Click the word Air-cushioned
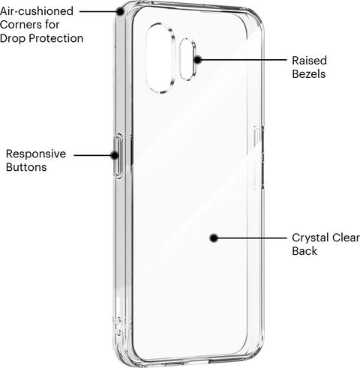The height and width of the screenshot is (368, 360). pyautogui.click(x=37, y=11)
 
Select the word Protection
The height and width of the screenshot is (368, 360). pyautogui.click(x=55, y=38)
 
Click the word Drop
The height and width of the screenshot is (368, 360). pyautogui.click(x=13, y=39)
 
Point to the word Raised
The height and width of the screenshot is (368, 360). pyautogui.click(x=309, y=61)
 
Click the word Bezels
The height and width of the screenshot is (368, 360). pyautogui.click(x=309, y=74)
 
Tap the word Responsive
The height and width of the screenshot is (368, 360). pyautogui.click(x=36, y=154)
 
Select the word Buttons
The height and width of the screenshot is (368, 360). pyautogui.click(x=26, y=167)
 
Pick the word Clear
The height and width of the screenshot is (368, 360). pyautogui.click(x=346, y=238)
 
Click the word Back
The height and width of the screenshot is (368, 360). pyautogui.click(x=304, y=251)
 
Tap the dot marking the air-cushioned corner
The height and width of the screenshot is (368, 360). pyautogui.click(x=121, y=11)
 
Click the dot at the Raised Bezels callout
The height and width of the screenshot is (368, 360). pyautogui.click(x=198, y=60)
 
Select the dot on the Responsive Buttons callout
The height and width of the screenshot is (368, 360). pyautogui.click(x=115, y=155)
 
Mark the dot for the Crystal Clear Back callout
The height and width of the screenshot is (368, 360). pyautogui.click(x=214, y=238)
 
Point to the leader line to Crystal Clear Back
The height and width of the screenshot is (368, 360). pyautogui.click(x=252, y=238)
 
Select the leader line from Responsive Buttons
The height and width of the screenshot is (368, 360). pyautogui.click(x=92, y=155)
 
